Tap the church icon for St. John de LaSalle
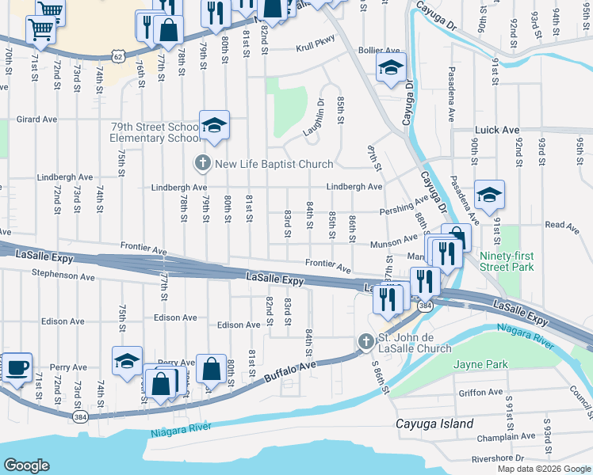click(365, 342)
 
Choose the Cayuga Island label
click(434, 423)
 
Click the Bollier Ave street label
click(378, 50)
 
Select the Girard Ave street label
click(36, 120)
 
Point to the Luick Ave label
click(497, 130)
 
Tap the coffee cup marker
click(17, 367)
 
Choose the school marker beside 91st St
click(489, 195)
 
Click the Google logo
click(26, 465)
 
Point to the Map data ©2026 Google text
click(544, 469)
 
